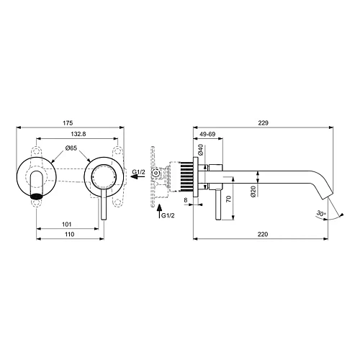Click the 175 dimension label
(68, 123)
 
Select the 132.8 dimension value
(78, 134)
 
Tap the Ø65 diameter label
(71, 148)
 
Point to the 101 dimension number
(67, 225)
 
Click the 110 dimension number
(69, 234)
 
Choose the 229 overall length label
(263, 123)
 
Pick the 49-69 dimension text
(208, 134)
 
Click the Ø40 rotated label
(201, 150)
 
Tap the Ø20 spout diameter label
(253, 192)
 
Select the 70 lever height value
(229, 199)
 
